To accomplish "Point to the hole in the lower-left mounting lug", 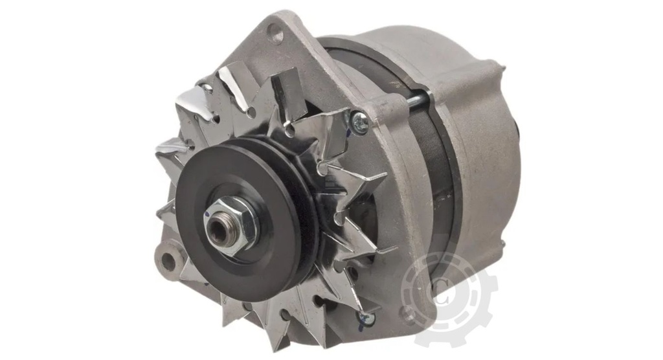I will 169,261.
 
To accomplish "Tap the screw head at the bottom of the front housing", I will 366,319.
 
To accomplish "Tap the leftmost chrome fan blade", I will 170,150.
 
